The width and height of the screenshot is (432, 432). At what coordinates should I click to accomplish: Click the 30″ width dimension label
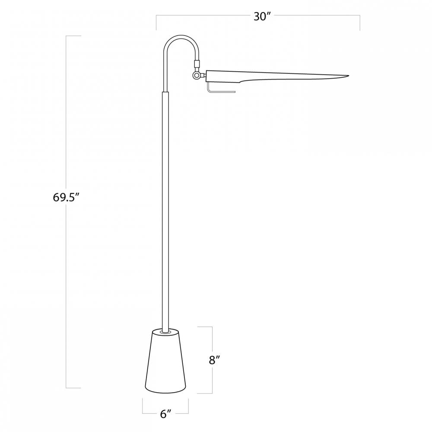pos(260,16)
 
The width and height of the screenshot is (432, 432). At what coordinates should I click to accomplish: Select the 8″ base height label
pos(214,359)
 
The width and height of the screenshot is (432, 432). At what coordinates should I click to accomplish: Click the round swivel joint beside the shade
pos(197,75)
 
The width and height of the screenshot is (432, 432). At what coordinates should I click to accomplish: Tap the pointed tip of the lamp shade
pos(348,76)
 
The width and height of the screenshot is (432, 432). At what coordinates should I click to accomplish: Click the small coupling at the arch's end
pos(197,64)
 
